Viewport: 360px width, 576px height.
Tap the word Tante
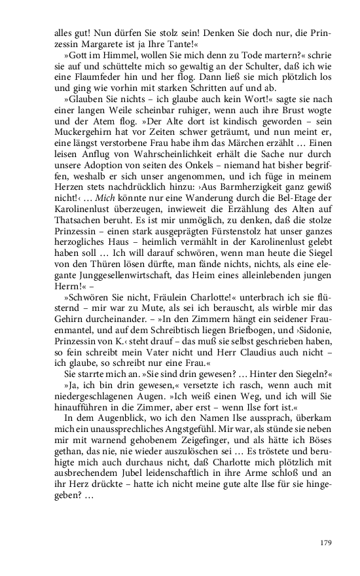click(179, 43)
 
